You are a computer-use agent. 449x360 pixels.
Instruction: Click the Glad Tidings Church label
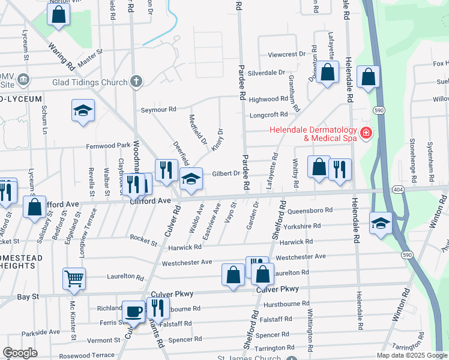click(x=94, y=82)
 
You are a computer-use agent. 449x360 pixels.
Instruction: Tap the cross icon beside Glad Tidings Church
click(x=136, y=82)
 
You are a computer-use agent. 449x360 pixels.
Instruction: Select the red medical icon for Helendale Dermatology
click(x=365, y=132)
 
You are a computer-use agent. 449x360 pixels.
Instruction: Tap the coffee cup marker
click(x=133, y=311)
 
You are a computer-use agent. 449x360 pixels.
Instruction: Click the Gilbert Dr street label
click(x=226, y=173)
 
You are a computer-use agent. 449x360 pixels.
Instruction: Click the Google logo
click(x=20, y=353)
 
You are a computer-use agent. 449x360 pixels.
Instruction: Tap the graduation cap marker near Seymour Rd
click(x=83, y=110)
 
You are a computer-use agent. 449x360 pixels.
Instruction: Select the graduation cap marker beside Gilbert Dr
click(x=191, y=179)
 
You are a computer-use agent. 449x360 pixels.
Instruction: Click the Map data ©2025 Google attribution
click(x=412, y=355)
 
